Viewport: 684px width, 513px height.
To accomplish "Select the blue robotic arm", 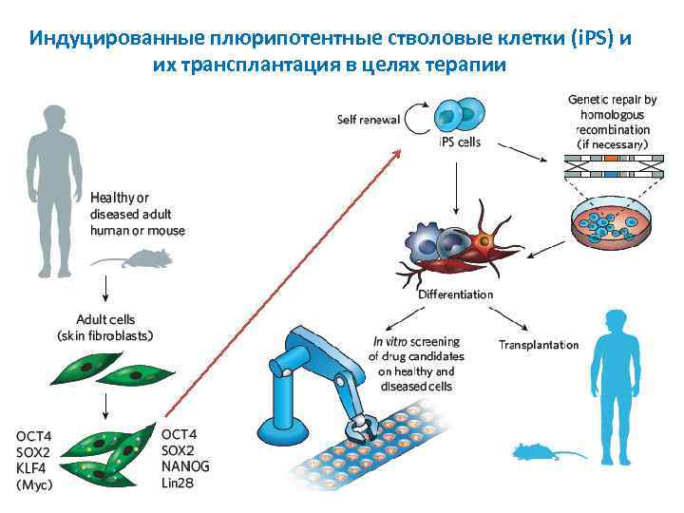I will [313, 370].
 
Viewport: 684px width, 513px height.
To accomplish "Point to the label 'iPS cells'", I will [460, 142].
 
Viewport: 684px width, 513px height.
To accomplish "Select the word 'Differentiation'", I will [456, 294].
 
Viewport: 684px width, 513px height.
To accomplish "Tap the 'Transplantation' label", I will [538, 345].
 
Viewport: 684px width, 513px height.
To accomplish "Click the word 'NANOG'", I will [185, 466].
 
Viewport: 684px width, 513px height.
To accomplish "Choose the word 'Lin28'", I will [180, 483].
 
